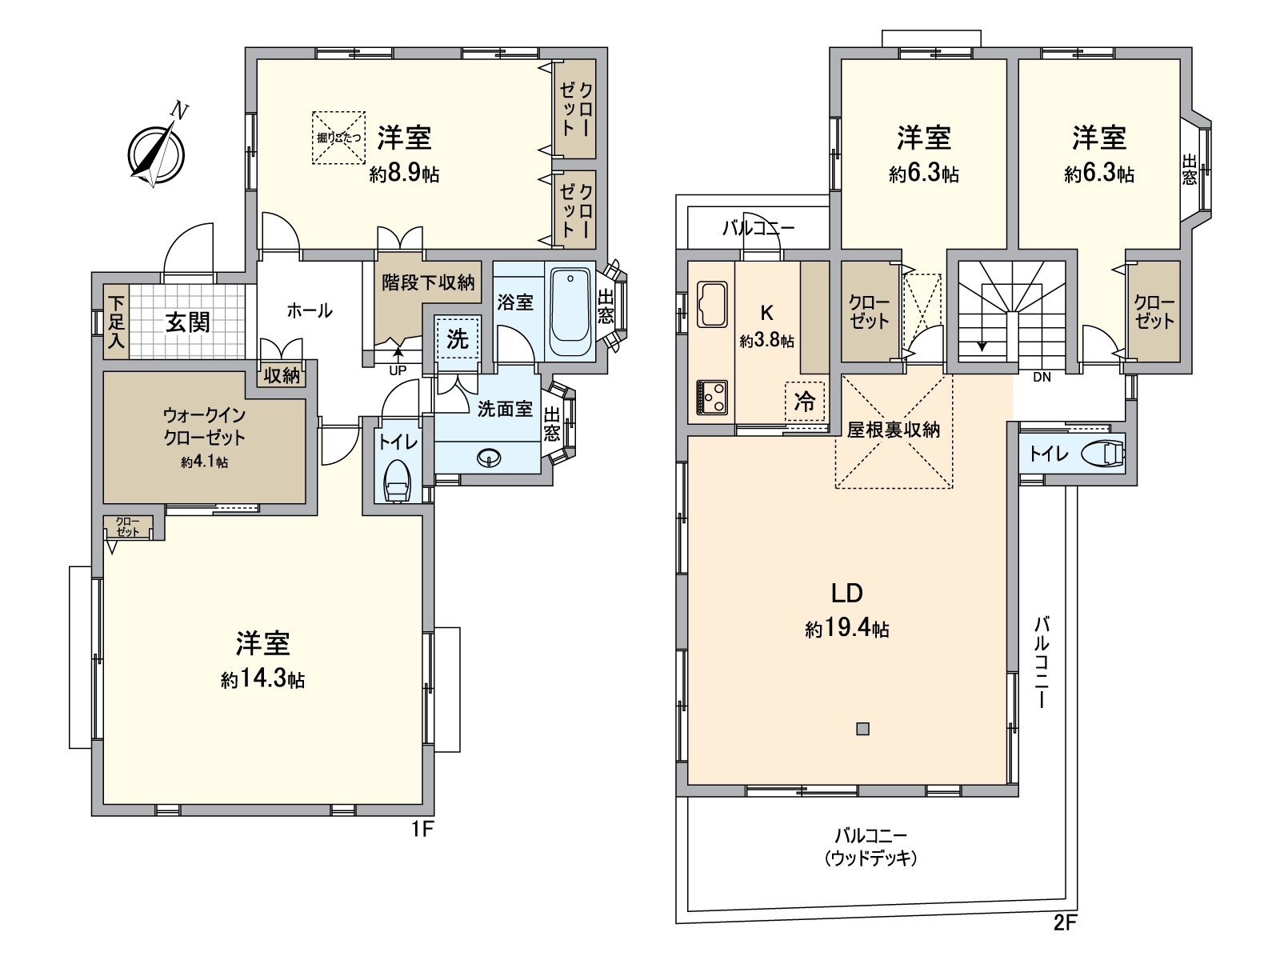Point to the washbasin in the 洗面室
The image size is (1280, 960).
[487, 458]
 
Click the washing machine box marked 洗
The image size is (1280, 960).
[458, 338]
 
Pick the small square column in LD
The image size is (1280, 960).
[862, 729]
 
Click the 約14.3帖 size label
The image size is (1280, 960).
[262, 680]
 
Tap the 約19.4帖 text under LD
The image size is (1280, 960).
[846, 629]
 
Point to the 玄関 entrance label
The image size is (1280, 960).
[189, 322]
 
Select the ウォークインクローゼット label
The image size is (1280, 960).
[204, 426]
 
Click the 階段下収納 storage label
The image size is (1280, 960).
[428, 282]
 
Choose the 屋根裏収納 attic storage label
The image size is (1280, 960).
[894, 429]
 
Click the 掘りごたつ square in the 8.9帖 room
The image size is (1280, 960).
[339, 138]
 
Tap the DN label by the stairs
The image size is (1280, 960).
[1042, 377]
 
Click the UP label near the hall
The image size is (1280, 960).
[398, 370]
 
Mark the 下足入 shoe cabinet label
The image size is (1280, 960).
[117, 322]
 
